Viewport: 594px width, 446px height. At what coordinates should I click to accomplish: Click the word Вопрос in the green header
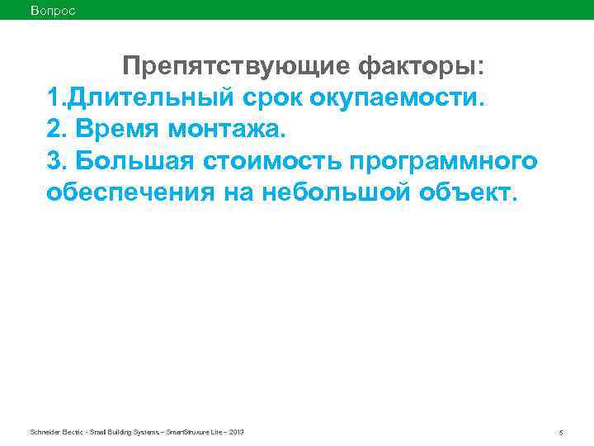click(52, 10)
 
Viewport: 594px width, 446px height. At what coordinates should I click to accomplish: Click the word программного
click(434, 161)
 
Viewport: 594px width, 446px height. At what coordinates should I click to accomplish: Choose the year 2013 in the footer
click(235, 432)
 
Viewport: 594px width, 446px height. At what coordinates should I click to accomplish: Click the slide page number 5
click(560, 433)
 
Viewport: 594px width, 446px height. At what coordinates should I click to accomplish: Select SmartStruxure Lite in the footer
click(195, 432)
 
